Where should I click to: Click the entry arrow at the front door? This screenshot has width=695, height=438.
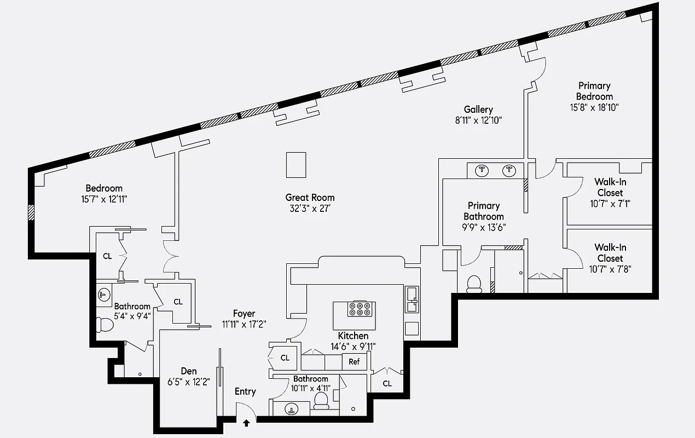point(246,423)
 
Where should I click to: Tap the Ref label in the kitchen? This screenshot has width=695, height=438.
point(354,361)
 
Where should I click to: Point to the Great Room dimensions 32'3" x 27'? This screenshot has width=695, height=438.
point(310,208)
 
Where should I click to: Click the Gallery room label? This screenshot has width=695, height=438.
point(478,109)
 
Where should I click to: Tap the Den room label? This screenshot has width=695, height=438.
point(189,371)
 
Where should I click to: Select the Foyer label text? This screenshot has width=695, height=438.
point(244,314)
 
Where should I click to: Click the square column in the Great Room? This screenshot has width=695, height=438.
point(296,165)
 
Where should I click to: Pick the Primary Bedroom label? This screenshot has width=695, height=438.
point(594,91)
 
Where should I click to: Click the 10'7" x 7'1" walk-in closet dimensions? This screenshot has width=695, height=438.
point(610,204)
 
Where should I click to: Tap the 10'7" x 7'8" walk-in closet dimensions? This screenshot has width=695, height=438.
point(610,269)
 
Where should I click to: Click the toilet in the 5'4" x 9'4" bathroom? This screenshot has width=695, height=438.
point(104,325)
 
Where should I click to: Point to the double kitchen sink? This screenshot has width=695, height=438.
point(412,301)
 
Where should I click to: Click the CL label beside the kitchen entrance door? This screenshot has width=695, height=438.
point(285,358)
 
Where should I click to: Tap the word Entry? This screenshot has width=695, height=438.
point(245,391)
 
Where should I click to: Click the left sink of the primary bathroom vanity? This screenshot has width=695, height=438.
point(482,170)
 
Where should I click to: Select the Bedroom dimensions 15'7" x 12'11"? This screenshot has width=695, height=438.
point(104,199)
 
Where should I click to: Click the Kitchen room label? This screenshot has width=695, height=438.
point(353,336)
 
